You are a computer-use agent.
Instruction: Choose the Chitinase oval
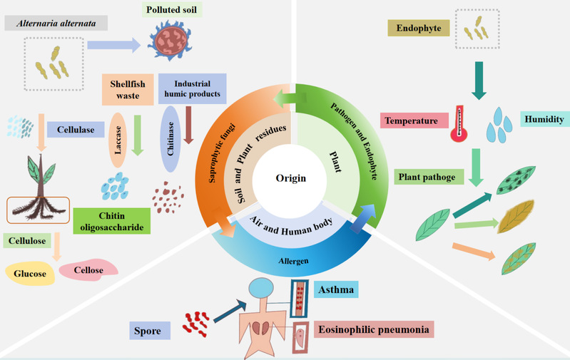click(x=170, y=140)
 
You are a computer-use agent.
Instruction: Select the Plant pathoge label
click(x=427, y=176)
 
